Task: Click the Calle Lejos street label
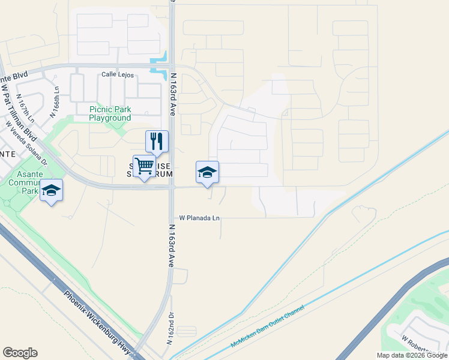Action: point(117,75)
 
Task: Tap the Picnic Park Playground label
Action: point(110,113)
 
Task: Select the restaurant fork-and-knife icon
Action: point(157,142)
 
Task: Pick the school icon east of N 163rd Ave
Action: point(207,172)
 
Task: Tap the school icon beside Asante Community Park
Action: point(52,190)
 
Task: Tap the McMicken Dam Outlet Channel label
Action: point(267,328)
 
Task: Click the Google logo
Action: point(20,353)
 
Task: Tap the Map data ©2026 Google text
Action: point(412,355)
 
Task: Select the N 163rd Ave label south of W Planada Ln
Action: point(170,252)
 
